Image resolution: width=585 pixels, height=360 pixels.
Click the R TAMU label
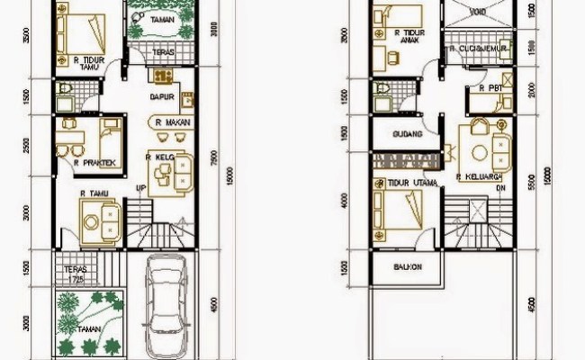pos(94,193)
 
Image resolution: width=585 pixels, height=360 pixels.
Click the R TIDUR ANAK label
pos(410,34)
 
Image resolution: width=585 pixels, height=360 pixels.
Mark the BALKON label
pos(408,266)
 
